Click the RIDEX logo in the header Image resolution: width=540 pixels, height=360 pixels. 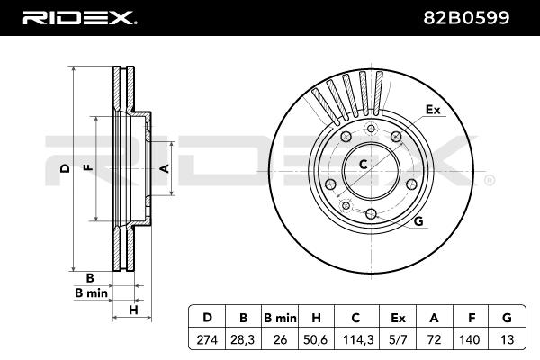pyautogui.click(x=79, y=16)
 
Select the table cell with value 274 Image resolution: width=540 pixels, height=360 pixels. pyautogui.click(x=207, y=341)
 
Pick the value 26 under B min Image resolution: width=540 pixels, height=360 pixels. pyautogui.click(x=280, y=341)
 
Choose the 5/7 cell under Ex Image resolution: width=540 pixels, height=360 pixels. pyautogui.click(x=398, y=341)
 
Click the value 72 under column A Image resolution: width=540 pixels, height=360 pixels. pyautogui.click(x=435, y=341)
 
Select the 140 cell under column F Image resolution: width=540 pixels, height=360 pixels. pyautogui.click(x=471, y=341)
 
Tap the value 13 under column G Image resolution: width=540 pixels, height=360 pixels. pyautogui.click(x=507, y=341)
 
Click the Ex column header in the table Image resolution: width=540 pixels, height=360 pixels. pyautogui.click(x=398, y=317)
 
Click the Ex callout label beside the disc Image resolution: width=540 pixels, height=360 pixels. pyautogui.click(x=432, y=110)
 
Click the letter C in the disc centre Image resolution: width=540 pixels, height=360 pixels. pyautogui.click(x=364, y=164)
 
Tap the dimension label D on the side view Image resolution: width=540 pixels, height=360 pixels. pyautogui.click(x=65, y=168)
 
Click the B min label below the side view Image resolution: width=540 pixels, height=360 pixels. pyautogui.click(x=90, y=293)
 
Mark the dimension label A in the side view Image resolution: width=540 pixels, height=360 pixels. pyautogui.click(x=164, y=168)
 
